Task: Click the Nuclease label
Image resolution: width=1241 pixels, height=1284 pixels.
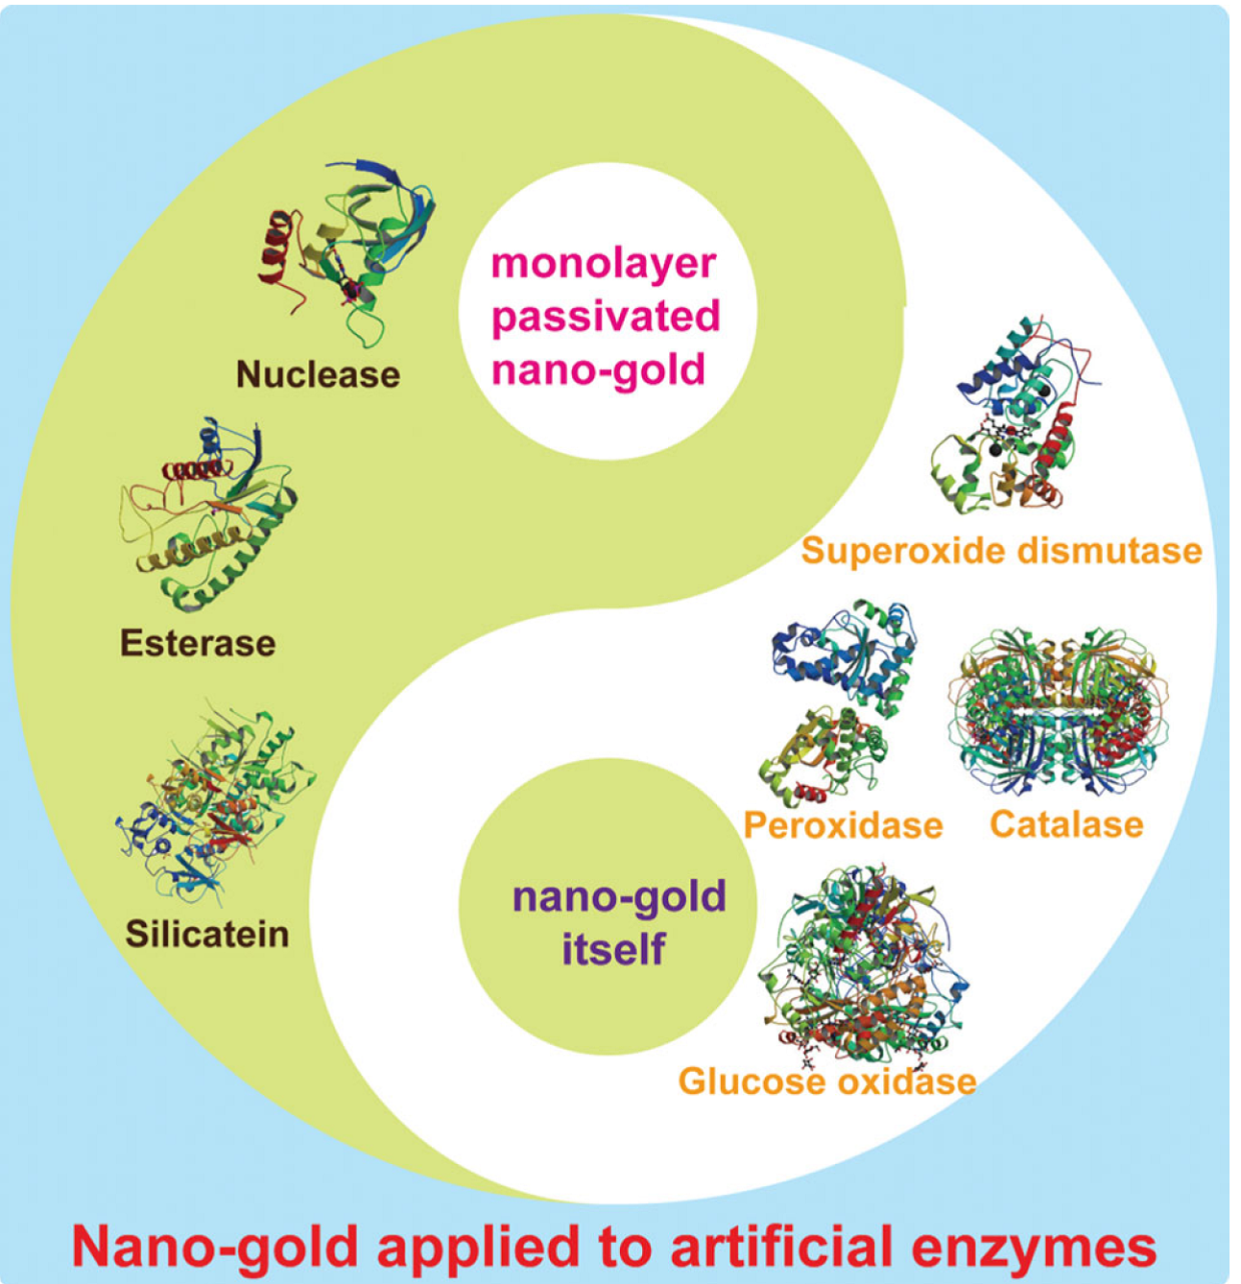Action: [318, 374]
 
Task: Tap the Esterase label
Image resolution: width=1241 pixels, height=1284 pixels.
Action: [198, 643]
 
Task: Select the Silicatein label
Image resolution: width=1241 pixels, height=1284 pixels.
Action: [207, 934]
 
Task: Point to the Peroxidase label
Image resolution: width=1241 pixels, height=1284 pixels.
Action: [844, 825]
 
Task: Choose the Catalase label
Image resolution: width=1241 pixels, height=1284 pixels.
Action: [1066, 824]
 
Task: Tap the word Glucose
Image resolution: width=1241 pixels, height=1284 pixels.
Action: [752, 1082]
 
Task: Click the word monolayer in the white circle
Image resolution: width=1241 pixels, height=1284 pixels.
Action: [604, 263]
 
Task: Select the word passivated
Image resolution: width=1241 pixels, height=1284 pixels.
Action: [606, 317]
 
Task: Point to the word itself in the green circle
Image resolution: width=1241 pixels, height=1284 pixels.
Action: [613, 950]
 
